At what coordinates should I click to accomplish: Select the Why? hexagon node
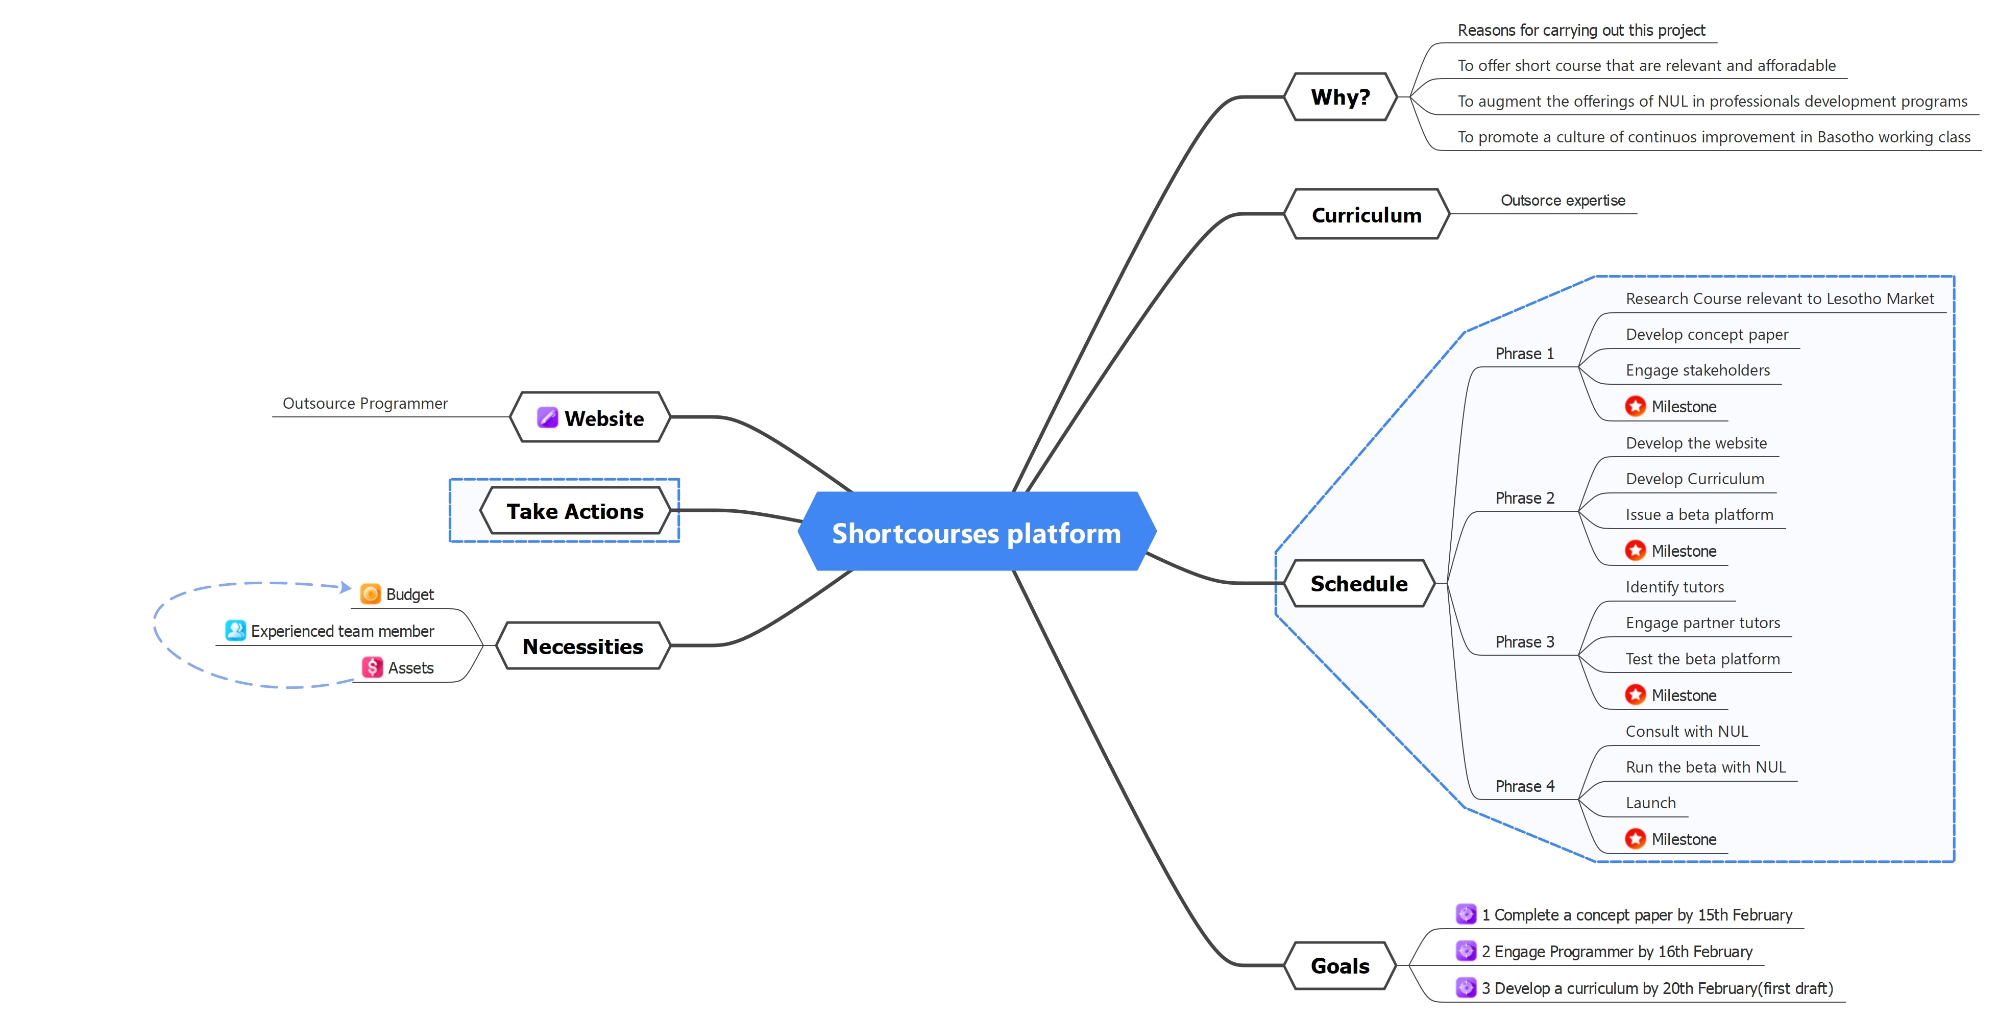(1341, 97)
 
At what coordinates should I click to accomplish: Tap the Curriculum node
(1366, 215)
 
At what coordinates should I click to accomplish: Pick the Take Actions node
(575, 511)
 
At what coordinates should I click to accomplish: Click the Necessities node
(582, 646)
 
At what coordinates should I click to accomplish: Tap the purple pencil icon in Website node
(547, 418)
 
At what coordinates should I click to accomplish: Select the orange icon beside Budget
(371, 594)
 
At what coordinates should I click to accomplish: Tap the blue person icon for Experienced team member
(235, 631)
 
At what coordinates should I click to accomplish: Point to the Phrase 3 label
(1524, 642)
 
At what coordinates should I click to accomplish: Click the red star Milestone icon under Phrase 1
(1635, 406)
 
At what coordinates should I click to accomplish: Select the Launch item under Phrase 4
(1650, 803)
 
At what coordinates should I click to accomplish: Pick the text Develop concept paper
(1707, 334)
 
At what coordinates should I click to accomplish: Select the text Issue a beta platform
(1699, 515)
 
